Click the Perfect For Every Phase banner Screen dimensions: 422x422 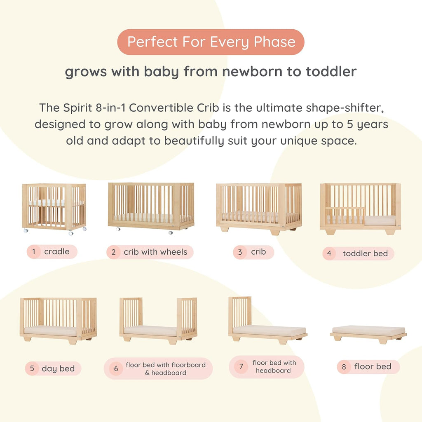coord(211,42)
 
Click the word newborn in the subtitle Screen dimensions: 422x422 coord(241,72)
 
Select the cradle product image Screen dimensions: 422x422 coord(54,207)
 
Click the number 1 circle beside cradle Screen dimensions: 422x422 coord(33,252)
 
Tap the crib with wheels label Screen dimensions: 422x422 coord(155,252)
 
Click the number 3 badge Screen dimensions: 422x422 coord(240,252)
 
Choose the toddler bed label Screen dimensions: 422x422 coord(365,253)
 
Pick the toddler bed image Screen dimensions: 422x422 coord(360,208)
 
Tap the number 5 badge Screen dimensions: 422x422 coord(32,368)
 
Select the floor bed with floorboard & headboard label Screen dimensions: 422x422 coord(165,368)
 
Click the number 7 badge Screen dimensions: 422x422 coord(241,367)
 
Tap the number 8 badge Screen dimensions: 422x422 coord(344,367)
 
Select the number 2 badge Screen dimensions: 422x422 coord(113,252)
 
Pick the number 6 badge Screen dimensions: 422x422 coord(116,368)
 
